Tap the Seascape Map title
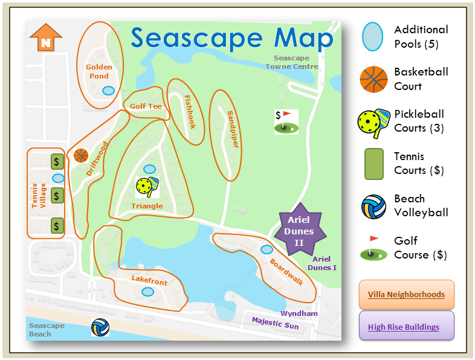232,38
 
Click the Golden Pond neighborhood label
97,72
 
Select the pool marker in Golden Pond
108,91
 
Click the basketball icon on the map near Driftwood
81,156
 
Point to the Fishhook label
190,112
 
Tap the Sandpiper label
233,129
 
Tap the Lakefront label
149,281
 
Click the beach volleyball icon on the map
100,327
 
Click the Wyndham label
299,313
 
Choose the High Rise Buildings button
406,327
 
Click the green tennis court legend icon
374,164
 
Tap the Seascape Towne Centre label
292,62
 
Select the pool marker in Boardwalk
266,249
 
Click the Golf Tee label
146,106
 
